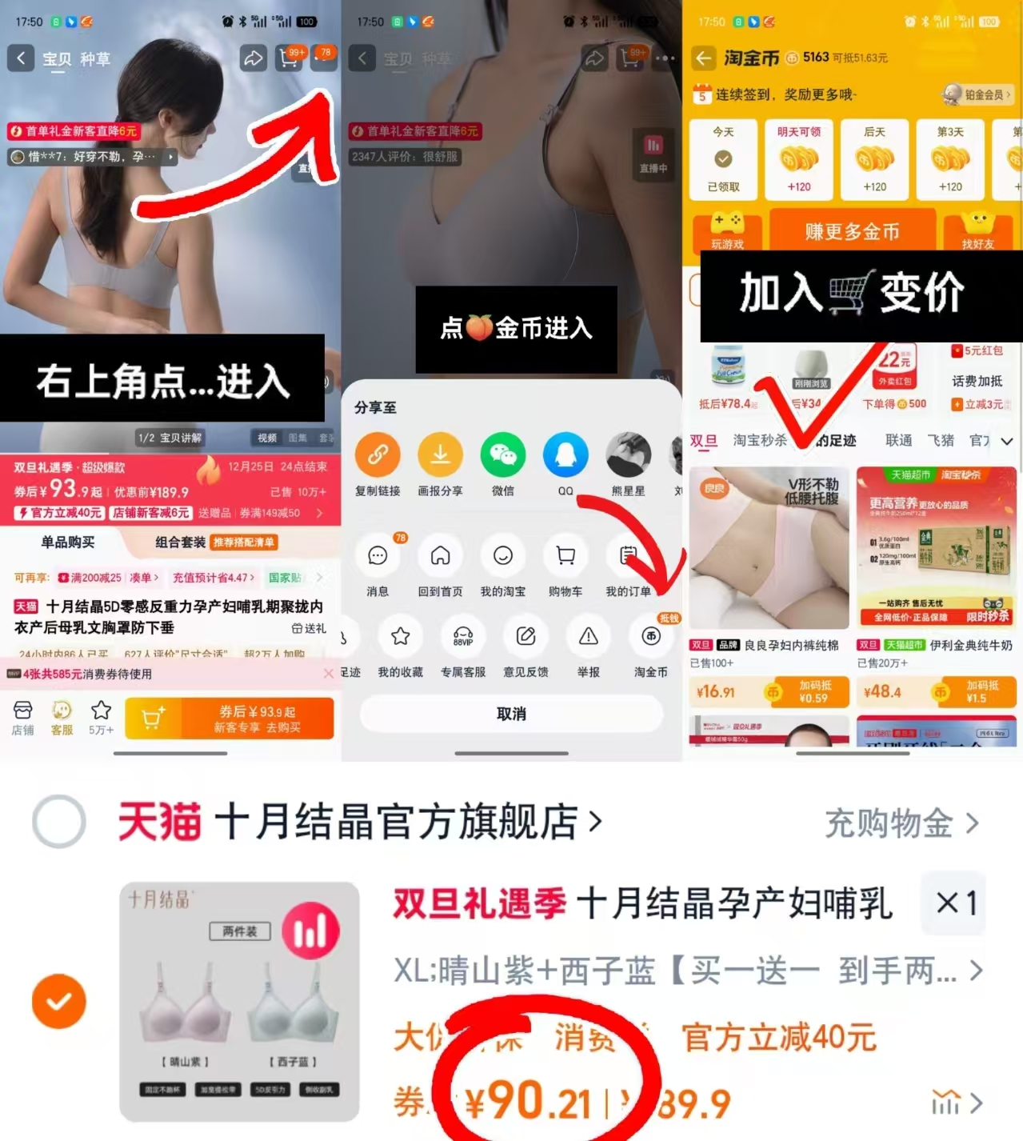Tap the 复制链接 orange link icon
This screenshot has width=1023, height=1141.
point(378,454)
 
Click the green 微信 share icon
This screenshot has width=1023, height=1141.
point(503,454)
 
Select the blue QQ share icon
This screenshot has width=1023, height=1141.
point(565,454)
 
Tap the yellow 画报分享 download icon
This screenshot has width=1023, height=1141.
point(440,454)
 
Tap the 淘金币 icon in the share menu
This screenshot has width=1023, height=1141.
point(651,637)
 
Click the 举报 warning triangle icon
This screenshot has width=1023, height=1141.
point(589,637)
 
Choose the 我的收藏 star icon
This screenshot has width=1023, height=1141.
point(401,637)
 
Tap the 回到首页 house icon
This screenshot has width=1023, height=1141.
point(440,556)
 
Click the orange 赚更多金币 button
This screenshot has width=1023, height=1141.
point(852,231)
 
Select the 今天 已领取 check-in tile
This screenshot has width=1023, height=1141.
point(723,159)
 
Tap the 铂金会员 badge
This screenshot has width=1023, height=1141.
point(977,94)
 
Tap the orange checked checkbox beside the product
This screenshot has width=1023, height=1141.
point(59,1001)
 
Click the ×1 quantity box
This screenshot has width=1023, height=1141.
point(956,903)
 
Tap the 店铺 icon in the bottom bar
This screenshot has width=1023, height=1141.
point(22,717)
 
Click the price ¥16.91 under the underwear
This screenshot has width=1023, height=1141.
point(716,692)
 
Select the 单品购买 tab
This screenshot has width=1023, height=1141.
point(68,542)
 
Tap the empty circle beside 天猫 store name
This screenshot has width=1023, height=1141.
point(59,822)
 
